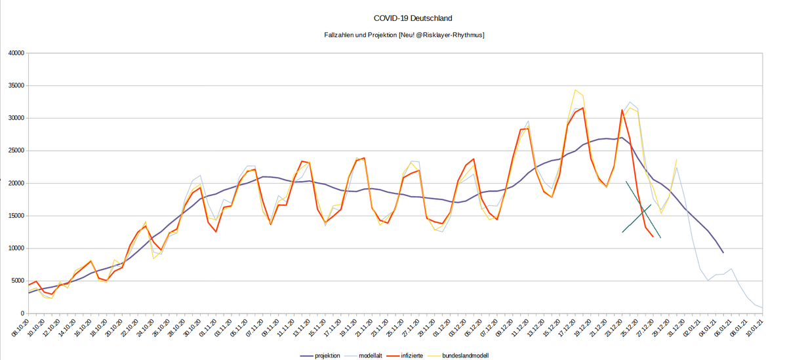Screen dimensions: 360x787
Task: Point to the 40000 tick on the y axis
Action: [x=15, y=53]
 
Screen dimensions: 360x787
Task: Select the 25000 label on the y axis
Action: [x=15, y=151]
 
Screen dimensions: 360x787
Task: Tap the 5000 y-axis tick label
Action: [x=17, y=281]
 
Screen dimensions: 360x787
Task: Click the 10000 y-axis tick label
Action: [x=15, y=249]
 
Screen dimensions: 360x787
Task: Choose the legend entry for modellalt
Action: [x=373, y=355]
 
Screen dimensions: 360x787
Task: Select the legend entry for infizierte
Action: [x=416, y=355]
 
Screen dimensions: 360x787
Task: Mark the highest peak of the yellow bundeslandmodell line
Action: [x=576, y=90]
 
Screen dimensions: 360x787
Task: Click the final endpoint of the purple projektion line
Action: [x=723, y=252]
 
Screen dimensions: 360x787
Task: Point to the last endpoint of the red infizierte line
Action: [x=653, y=237]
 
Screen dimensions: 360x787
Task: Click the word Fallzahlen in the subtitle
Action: [x=340, y=35]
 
